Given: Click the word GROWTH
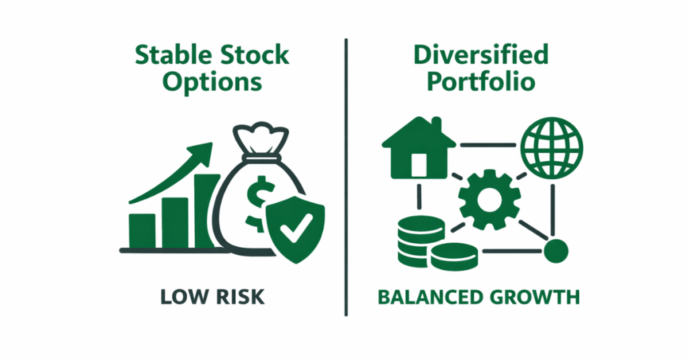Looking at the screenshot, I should point(534,296).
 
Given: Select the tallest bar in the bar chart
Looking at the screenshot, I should point(207,212).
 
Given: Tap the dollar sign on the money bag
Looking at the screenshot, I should point(256,201).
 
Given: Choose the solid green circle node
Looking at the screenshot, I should point(556,251).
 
